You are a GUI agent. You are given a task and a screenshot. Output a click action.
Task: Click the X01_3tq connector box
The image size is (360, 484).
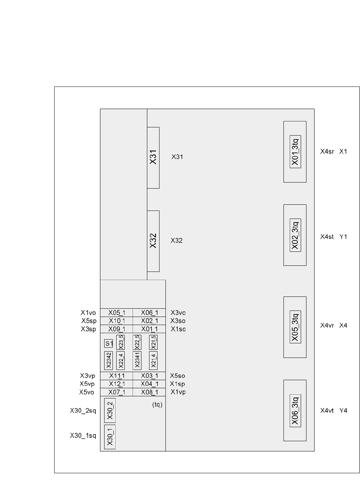coord(295,152)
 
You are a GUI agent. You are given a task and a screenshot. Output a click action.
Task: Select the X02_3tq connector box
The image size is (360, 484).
coord(295,235)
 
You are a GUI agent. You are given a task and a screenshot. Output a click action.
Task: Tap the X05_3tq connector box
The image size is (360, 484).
coord(295,327)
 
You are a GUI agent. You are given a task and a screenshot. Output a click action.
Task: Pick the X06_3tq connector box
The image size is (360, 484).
coord(295,410)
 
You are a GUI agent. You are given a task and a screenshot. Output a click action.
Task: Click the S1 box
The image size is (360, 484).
coord(109,344)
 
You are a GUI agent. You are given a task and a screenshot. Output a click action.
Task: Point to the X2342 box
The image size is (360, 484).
coord(109,360)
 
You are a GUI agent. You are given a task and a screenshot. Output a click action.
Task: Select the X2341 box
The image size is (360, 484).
coord(137,360)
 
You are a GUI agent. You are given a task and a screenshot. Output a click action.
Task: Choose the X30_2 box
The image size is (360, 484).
coord(110,410)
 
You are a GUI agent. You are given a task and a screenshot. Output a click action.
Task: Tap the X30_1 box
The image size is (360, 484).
coord(110,437)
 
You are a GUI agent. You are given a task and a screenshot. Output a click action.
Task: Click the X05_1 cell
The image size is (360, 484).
coord(116,313)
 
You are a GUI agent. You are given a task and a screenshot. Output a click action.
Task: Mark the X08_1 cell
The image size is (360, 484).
coord(149,392)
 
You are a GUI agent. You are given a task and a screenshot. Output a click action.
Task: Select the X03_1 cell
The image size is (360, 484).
coord(149,376)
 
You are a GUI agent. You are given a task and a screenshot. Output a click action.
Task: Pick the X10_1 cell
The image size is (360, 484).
coord(116,321)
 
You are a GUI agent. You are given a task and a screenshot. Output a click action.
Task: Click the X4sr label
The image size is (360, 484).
coord(327,152)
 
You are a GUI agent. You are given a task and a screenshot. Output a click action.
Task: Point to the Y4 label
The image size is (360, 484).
coord(343,410)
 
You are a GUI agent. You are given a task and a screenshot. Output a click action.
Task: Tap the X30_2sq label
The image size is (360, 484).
coord(83,411)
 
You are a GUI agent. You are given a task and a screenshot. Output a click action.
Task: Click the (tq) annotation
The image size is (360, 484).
coord(157,405)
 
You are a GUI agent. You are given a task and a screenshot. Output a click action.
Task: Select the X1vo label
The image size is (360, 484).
coord(88,313)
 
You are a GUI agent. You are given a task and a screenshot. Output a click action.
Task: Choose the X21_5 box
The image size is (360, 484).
coord(153,342)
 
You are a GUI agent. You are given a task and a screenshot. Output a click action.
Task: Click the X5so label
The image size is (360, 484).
coord(177,376)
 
